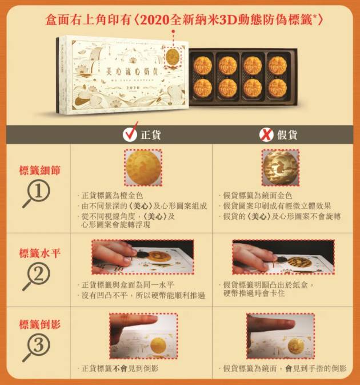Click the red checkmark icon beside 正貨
pyautogui.click(x=130, y=134)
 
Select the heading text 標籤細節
pyautogui.click(x=39, y=170)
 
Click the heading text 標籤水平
pyautogui.click(x=39, y=252)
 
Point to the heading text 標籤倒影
pyautogui.click(x=39, y=324)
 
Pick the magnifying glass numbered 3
pyautogui.click(x=35, y=348)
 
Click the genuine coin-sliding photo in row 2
pyautogui.click(x=142, y=257)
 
